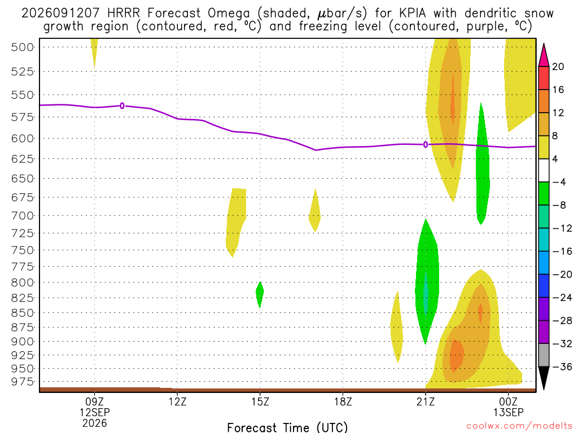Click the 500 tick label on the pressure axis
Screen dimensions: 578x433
23,47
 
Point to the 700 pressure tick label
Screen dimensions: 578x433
23,215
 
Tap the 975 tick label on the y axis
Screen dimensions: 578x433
23,382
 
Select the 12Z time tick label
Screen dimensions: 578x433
178,401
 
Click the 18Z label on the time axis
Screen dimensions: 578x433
343,401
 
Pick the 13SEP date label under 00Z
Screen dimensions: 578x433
509,412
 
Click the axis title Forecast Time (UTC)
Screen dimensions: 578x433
287,427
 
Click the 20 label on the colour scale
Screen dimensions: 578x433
558,67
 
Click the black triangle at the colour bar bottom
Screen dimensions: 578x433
544,378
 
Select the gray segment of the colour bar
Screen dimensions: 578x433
544,355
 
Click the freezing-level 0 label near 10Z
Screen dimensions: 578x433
122,106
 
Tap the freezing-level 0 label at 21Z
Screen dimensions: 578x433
426,145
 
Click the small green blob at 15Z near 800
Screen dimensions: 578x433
260,294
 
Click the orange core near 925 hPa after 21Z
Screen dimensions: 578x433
456,355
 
